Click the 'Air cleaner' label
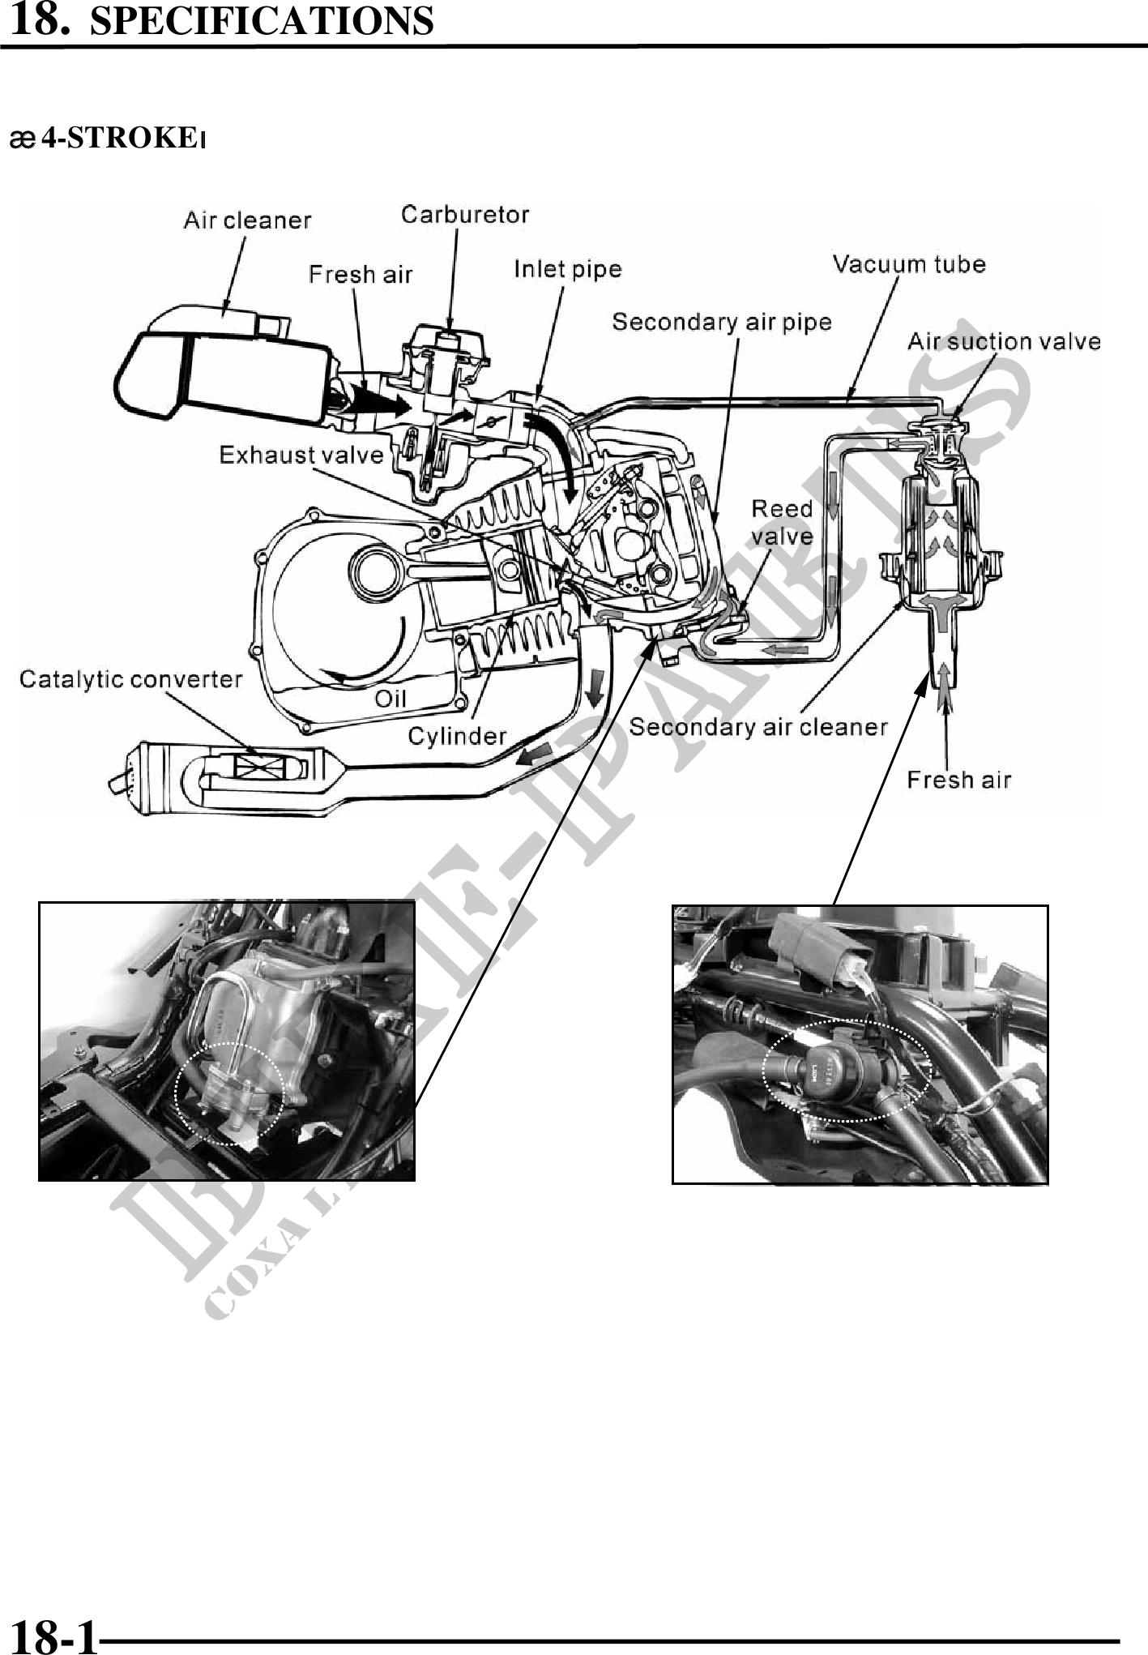click(247, 220)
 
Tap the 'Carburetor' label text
click(465, 214)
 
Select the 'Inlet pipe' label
click(568, 268)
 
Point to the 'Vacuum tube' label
click(909, 263)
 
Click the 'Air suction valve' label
click(1004, 341)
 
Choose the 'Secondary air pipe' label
click(722, 322)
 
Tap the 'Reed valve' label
click(782, 522)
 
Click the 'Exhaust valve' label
click(301, 454)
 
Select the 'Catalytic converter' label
click(130, 678)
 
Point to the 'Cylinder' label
click(457, 735)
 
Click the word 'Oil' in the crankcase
click(390, 698)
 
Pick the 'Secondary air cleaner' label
click(758, 726)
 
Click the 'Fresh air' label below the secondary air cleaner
click(959, 780)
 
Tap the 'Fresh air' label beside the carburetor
click(361, 274)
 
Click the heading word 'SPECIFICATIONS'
click(261, 21)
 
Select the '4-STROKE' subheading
click(120, 139)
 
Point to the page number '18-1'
click(53, 1634)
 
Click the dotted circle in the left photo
click(229, 1093)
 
